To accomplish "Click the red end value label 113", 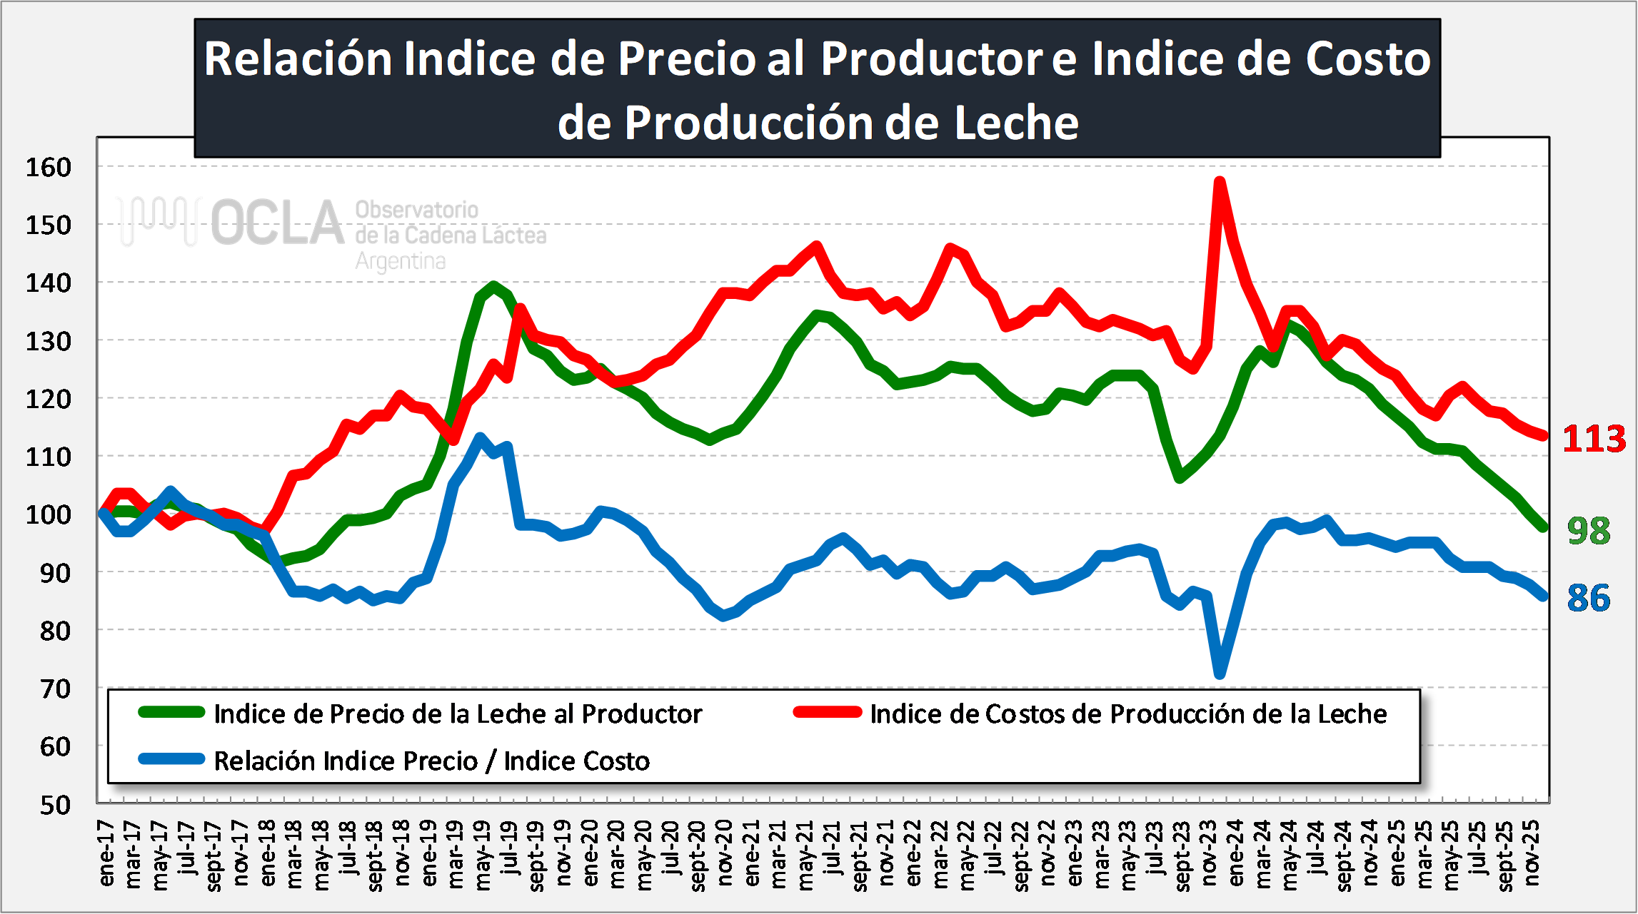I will [1594, 438].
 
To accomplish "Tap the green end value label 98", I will [1589, 531].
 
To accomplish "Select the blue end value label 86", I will [1589, 598].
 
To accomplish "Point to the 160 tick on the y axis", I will [49, 168].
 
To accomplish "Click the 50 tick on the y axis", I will [55, 805].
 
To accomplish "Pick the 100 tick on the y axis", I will [49, 514].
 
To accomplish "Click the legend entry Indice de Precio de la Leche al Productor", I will [458, 714].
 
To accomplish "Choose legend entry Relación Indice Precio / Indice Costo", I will [431, 761].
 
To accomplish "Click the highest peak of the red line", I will [1220, 181].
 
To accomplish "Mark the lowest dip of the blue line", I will [1220, 674].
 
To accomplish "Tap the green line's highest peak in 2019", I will [493, 287].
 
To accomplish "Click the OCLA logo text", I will [278, 223].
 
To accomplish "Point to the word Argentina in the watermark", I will [401, 261].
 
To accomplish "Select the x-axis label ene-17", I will [106, 853].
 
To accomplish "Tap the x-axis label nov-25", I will [1532, 853].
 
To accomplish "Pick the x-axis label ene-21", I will [752, 853].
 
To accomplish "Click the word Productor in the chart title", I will [932, 59].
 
